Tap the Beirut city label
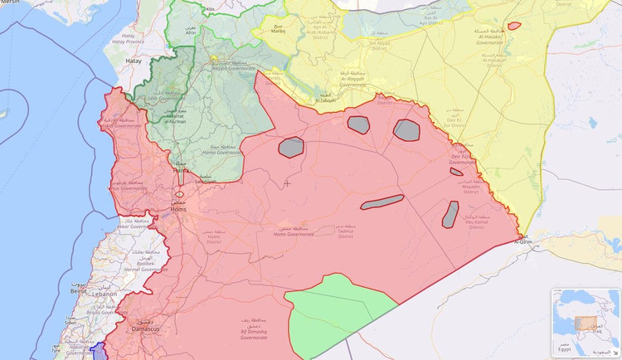pos(80,292)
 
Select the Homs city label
pos(178,209)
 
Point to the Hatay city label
pos(134,61)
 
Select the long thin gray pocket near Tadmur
pos(382,202)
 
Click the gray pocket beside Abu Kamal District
pos(450,214)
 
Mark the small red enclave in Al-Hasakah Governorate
pos(514,27)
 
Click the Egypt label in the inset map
pos(565,350)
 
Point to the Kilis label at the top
pos(211,10)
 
